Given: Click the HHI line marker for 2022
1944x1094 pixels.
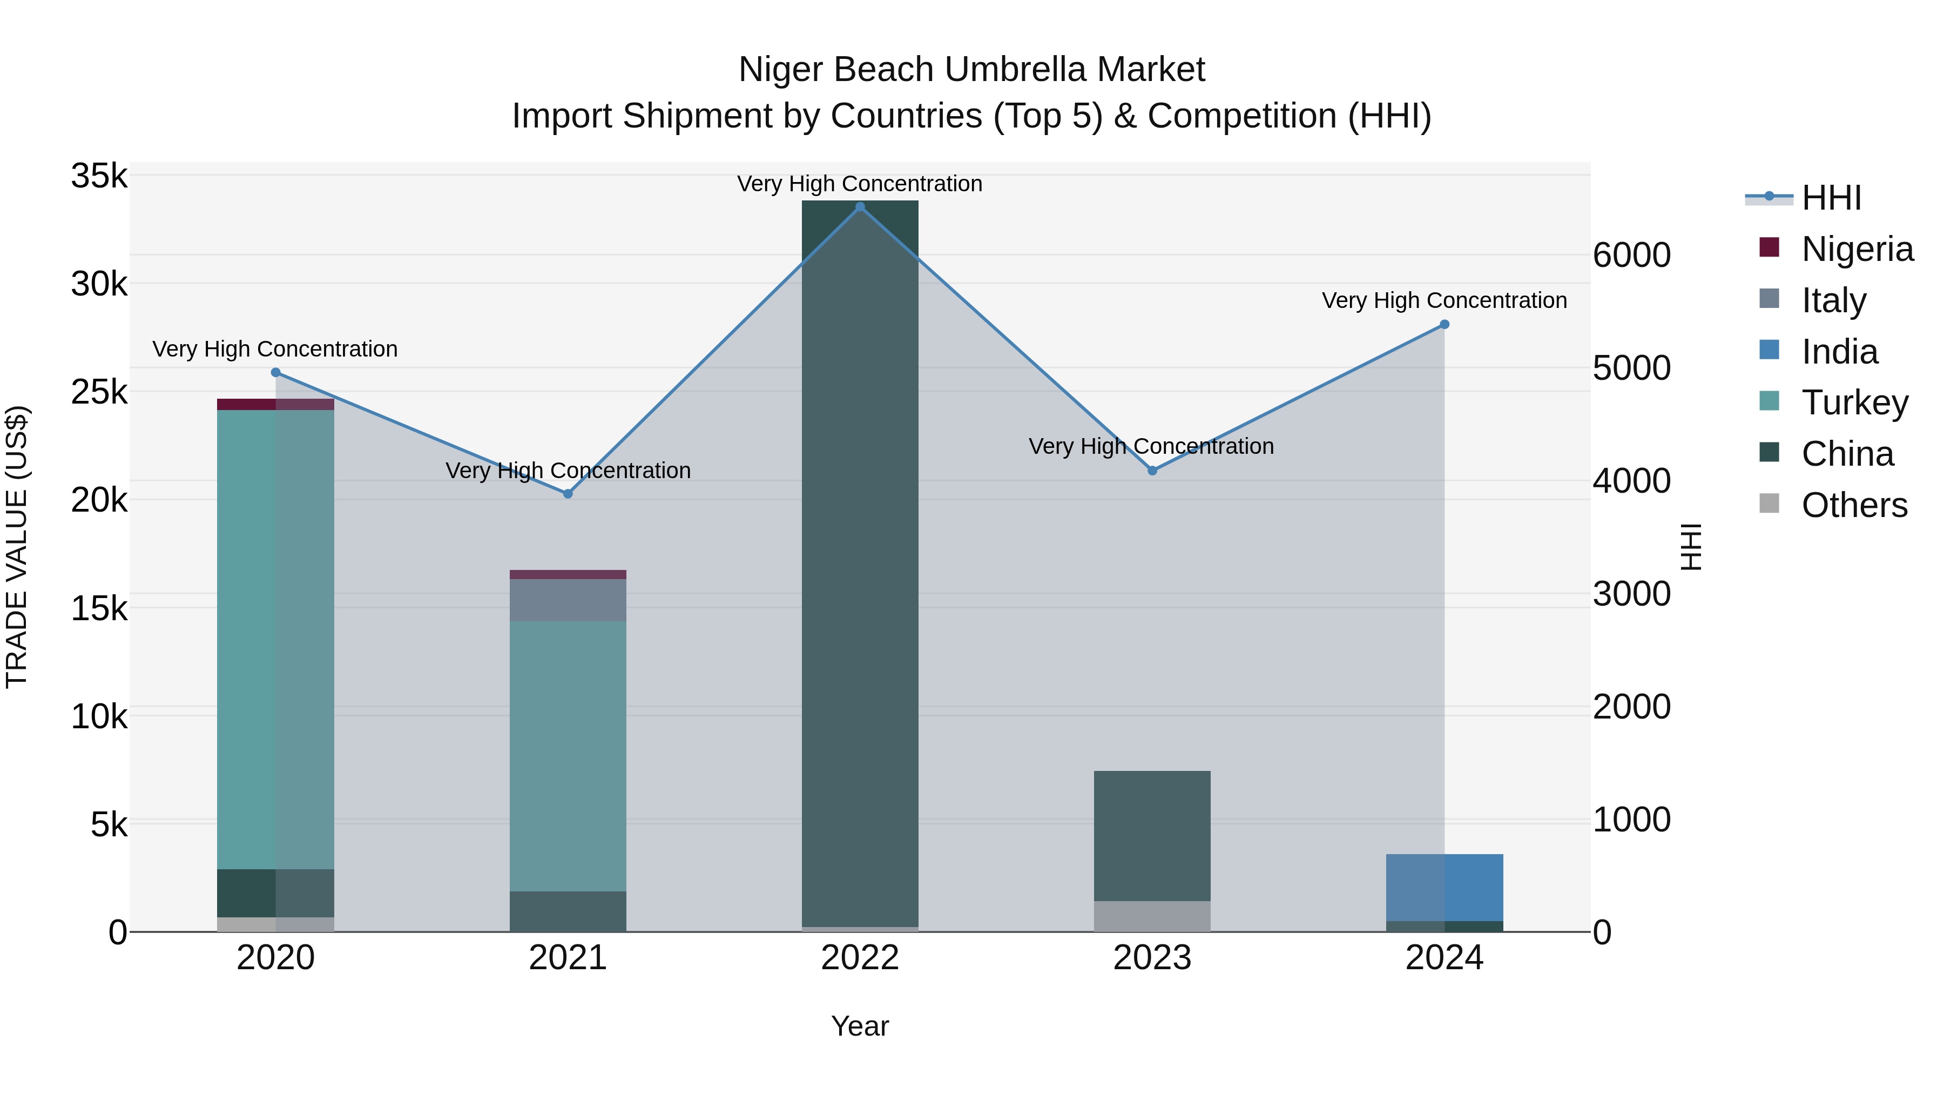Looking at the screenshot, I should point(860,207).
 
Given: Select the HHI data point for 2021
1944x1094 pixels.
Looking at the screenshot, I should point(568,494).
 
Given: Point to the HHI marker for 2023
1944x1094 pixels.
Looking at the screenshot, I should point(1152,471).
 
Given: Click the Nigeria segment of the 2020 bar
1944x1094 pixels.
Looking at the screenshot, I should point(275,405).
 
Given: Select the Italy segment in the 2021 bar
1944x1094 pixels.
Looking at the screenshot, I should point(568,600).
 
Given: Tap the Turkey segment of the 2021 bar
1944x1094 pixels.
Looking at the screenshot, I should point(568,755).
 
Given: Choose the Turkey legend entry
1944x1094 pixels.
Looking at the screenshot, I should point(1854,402).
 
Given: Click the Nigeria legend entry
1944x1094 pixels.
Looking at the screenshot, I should point(1857,249).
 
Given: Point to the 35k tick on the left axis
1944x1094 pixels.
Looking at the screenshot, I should point(99,176).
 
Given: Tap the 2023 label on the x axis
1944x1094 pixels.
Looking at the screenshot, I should point(1152,958).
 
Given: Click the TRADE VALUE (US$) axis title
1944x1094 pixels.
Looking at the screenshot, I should point(17,547).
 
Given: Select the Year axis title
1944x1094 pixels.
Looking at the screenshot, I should point(860,1026).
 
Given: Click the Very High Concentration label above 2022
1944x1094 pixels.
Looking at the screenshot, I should point(860,184).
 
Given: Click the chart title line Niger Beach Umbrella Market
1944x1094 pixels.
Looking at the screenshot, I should point(971,70).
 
